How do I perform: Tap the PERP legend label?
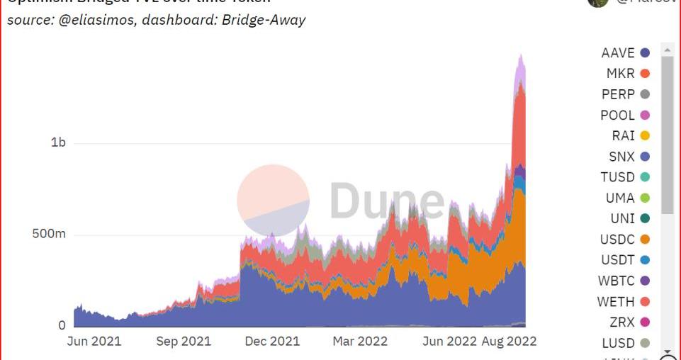tap(618, 94)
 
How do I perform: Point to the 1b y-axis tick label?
tap(58, 142)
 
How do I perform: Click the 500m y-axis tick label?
tap(49, 235)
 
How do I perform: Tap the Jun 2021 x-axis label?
tap(94, 341)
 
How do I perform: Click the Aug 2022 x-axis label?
tap(510, 341)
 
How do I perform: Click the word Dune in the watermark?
tap(386, 201)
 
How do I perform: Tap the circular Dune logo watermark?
tap(273, 201)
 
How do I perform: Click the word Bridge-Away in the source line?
tap(263, 20)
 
